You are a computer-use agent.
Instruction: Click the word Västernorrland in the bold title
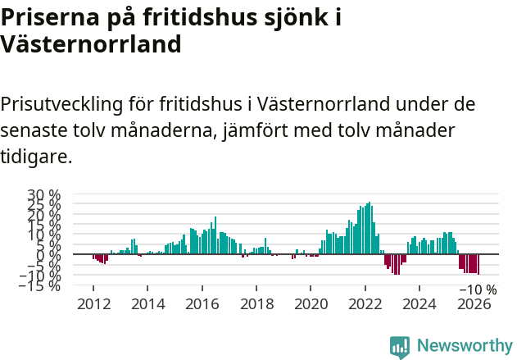point(90,44)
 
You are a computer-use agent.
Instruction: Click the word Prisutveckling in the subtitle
point(61,105)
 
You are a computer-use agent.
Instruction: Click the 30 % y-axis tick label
point(44,195)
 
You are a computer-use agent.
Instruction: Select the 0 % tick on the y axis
point(48,255)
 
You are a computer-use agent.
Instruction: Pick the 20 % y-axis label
point(44,215)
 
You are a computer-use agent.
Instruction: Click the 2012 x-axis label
point(93,303)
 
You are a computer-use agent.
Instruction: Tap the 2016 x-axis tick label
point(202,303)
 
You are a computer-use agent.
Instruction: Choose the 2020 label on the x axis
point(311,303)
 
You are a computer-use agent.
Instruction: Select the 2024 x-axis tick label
point(419,303)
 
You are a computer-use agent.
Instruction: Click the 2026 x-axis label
point(474,303)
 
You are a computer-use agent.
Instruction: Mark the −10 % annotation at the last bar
point(478,289)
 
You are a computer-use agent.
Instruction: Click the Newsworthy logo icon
point(400,347)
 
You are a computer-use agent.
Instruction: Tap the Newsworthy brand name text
point(464,346)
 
